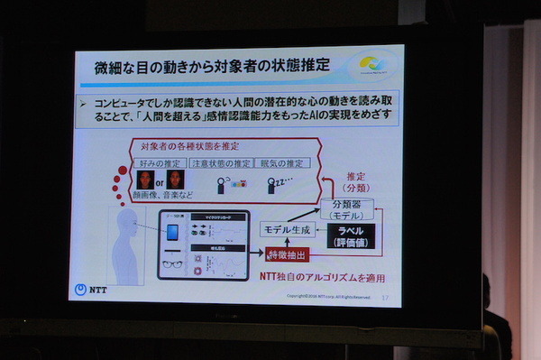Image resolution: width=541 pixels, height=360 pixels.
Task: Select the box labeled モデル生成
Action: coord(289,230)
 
